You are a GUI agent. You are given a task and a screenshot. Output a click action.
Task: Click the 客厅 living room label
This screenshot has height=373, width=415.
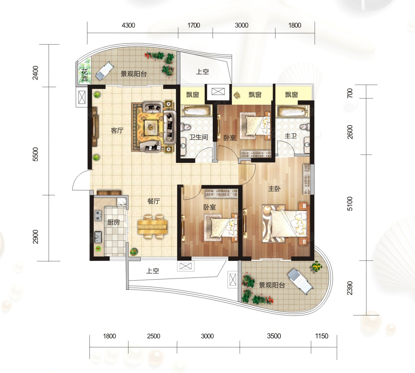coord(117,130)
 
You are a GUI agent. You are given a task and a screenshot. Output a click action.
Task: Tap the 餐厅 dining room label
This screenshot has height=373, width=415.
coord(154,201)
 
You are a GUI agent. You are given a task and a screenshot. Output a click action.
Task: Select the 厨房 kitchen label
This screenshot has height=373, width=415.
coord(113,222)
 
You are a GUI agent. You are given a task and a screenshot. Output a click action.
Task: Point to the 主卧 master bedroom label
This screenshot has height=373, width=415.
coord(274,189)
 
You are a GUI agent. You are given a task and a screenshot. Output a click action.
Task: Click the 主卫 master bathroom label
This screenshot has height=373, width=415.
coord(291,136)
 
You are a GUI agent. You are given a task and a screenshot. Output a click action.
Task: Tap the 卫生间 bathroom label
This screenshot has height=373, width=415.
coord(198,137)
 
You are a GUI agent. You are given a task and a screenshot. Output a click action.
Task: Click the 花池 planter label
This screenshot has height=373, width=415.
coord(85,75)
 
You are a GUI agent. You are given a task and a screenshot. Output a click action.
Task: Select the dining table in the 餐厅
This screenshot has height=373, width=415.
coord(153,226)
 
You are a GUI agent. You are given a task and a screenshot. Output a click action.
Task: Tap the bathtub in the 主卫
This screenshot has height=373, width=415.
coord(293,111)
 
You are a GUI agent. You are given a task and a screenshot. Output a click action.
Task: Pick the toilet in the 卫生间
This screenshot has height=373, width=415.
coord(185,127)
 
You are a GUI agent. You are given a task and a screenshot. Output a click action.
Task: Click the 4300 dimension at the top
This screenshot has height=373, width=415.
coord(128,25)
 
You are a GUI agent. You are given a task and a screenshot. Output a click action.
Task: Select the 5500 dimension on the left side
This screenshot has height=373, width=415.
coord(35,154)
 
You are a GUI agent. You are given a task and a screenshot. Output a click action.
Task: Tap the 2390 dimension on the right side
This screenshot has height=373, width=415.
coord(350,288)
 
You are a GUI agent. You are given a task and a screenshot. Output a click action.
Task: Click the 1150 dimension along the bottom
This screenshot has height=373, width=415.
coord(322,336)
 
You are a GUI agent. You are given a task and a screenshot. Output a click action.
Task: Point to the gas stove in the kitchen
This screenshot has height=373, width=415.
coord(98,215)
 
